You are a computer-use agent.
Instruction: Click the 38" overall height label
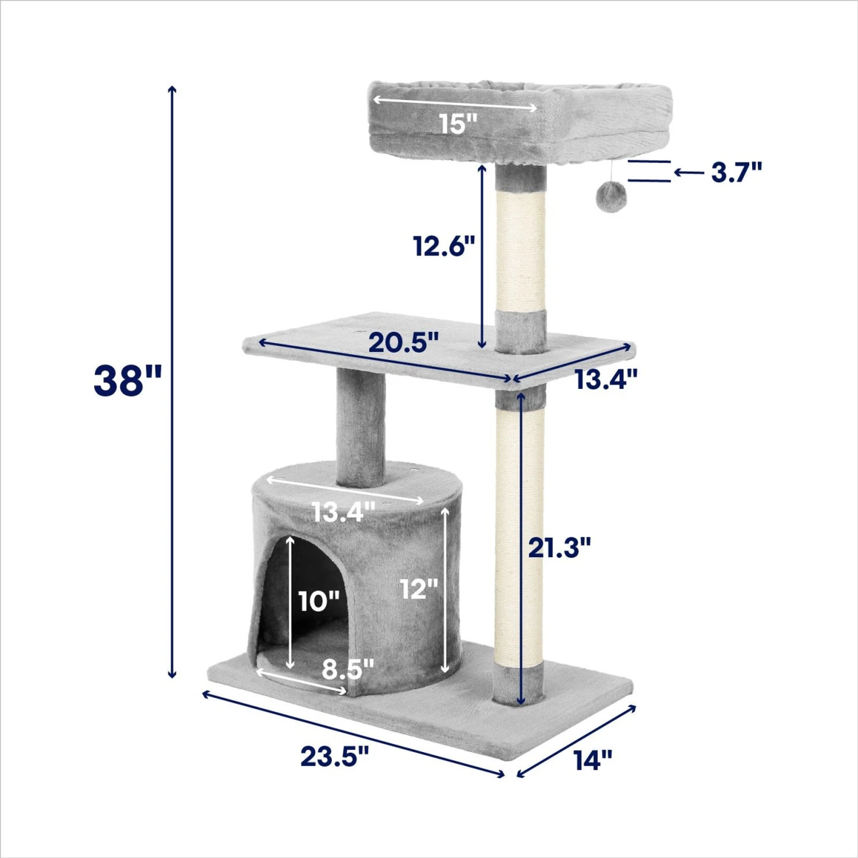tap(128, 380)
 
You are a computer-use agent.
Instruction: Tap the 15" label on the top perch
tap(458, 124)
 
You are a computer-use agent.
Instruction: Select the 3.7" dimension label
tap(736, 172)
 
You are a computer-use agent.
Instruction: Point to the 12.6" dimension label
tap(444, 246)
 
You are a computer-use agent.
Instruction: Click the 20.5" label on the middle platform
tap(403, 343)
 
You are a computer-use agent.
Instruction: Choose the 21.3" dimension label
tap(558, 548)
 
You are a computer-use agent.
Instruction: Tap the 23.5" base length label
tap(335, 756)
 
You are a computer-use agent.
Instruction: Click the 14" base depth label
tap(593, 760)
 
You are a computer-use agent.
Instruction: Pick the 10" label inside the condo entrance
tap(319, 601)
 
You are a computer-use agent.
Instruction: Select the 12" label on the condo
tap(419, 589)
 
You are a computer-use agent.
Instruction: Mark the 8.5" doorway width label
tap(347, 668)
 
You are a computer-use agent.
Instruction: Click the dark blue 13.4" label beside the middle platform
tap(606, 379)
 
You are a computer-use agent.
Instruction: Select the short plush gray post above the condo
tap(360, 426)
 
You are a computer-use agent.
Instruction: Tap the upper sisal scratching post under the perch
tap(520, 252)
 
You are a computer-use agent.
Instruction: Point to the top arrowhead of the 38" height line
tap(172, 90)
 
